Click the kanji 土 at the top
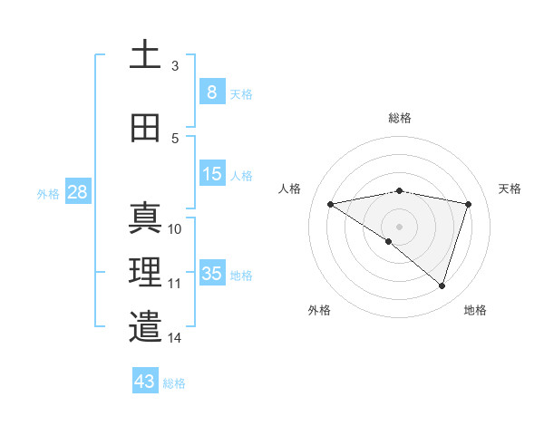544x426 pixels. [x=145, y=55]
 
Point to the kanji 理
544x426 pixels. [x=145, y=272]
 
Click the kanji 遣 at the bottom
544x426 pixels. [x=145, y=326]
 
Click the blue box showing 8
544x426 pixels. [x=211, y=92]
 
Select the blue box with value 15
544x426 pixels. [x=212, y=174]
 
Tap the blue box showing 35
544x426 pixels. [x=212, y=274]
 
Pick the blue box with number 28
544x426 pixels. [x=76, y=192]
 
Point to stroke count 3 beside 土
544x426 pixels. [x=175, y=65]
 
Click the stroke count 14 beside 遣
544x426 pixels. [x=175, y=338]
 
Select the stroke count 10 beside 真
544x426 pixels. [x=175, y=229]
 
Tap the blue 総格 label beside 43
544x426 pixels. [x=175, y=382]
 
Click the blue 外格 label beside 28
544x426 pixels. [x=48, y=193]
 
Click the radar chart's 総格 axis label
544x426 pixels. [x=399, y=118]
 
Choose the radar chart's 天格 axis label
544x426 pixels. [x=510, y=189]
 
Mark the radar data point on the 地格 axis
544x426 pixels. [x=442, y=286]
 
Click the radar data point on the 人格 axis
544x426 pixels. [x=331, y=204]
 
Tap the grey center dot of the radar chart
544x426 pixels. [x=399, y=226]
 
